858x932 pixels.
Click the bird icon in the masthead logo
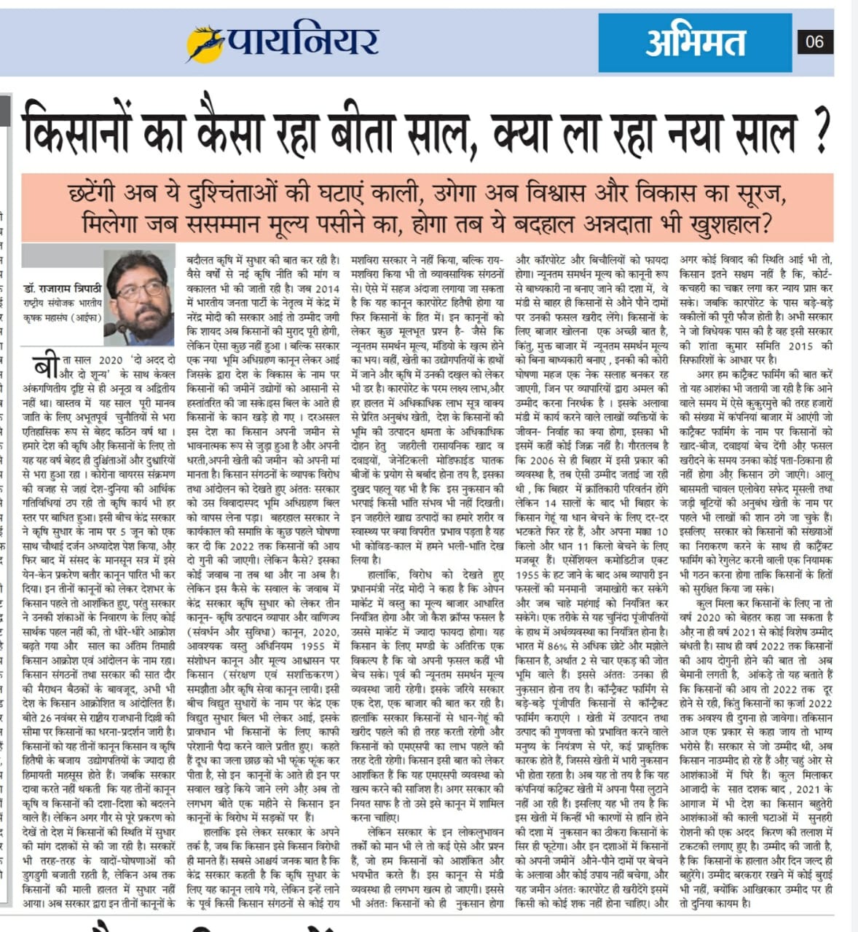204,43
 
